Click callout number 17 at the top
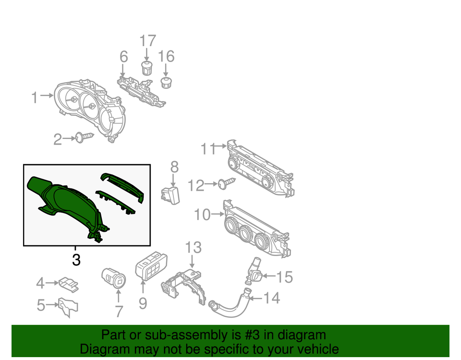coord(148,41)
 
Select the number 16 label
coord(166,57)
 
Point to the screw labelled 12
coord(227,183)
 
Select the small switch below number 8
coord(170,195)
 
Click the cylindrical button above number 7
coord(113,278)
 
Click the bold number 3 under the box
coord(76,260)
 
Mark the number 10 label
coord(202,214)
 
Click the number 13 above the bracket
coord(194,248)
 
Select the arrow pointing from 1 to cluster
coord(47,96)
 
